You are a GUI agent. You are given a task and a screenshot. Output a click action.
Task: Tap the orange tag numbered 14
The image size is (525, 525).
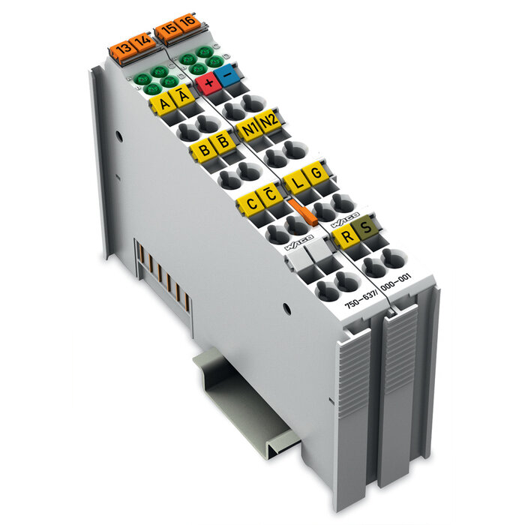coord(140,42)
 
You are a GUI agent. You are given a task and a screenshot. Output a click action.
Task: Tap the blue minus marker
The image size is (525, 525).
coord(229,72)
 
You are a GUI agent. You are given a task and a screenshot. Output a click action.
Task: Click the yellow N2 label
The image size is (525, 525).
coord(268,121)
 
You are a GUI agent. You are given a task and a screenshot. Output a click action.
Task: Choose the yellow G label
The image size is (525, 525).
coord(316,172)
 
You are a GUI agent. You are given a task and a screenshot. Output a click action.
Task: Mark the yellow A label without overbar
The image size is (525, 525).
coord(161,104)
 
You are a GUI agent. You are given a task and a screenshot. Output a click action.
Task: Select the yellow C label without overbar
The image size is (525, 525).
coord(249,203)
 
